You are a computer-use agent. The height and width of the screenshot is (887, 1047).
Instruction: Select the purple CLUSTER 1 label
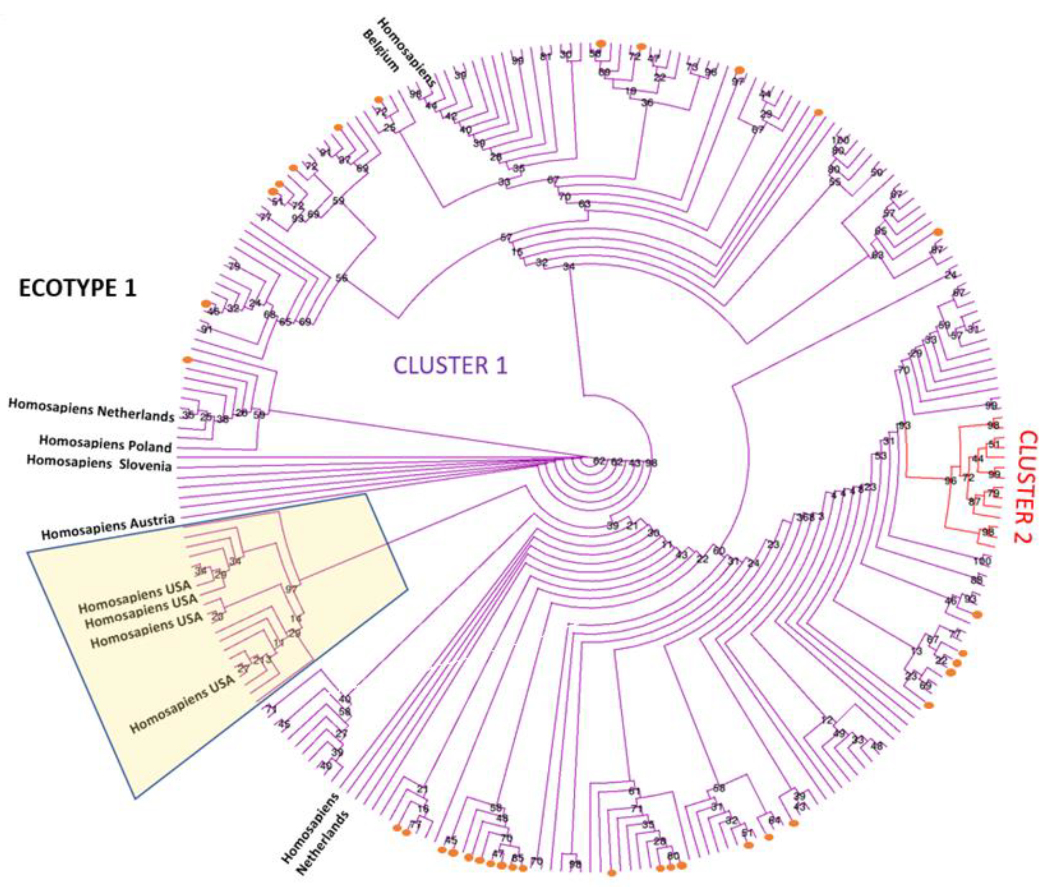coord(450,365)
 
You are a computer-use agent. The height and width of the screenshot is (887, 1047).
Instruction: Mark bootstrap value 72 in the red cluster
coord(968,477)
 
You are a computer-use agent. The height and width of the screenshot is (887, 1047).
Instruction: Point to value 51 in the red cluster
coord(994,444)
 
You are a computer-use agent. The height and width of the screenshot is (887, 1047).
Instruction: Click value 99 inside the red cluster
coord(994,474)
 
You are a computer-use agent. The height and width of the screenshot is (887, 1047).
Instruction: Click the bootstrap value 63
coord(584,205)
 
